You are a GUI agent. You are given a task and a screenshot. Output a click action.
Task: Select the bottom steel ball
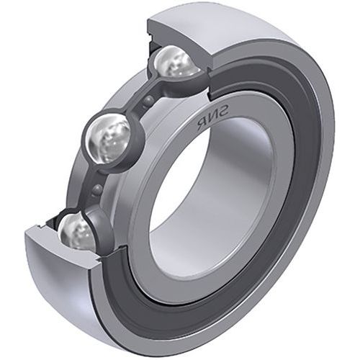[78, 232]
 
